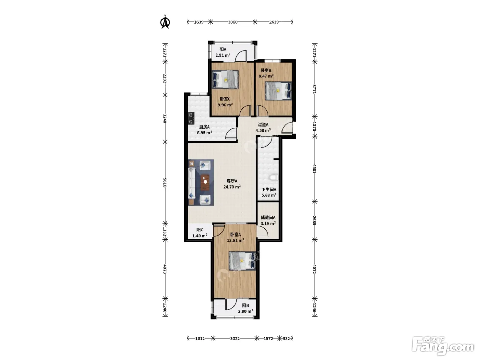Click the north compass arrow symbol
(x=165, y=22)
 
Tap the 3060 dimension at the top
(x=232, y=22)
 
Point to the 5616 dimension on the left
(x=165, y=182)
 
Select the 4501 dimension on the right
(x=314, y=169)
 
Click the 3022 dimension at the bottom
(x=235, y=339)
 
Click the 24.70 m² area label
(x=232, y=187)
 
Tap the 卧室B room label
(x=266, y=70)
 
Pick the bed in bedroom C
(x=225, y=79)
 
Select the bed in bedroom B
(x=278, y=91)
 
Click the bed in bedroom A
(x=242, y=261)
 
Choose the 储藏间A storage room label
(x=268, y=218)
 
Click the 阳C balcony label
(x=200, y=230)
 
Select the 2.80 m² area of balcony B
(x=245, y=311)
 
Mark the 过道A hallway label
(x=263, y=124)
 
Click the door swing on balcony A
(x=241, y=56)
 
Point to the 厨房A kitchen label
(x=204, y=127)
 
